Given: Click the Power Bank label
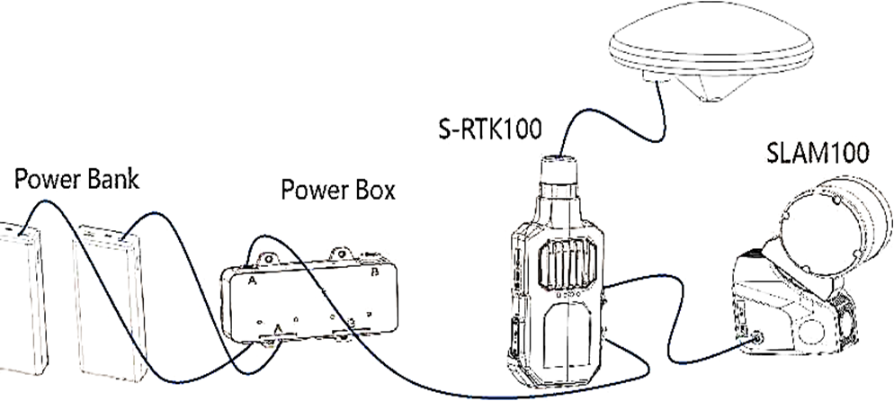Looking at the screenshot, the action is click(76, 180).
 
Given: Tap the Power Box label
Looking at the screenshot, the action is click(338, 191).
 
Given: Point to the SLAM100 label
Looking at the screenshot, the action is click(817, 153).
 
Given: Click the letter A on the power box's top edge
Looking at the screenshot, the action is click(252, 281).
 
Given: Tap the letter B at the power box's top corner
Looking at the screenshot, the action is click(374, 272).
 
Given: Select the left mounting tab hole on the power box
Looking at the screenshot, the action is click(268, 259).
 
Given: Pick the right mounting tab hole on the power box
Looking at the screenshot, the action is click(340, 252).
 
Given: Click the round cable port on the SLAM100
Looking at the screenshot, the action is click(758, 338).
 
